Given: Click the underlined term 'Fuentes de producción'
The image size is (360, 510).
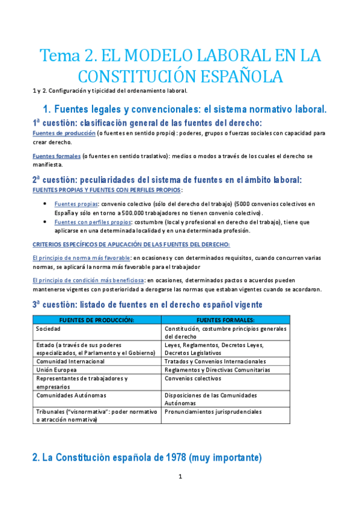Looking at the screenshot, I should click(64, 133).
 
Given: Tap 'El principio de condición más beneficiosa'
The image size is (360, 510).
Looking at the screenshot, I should click(88, 280).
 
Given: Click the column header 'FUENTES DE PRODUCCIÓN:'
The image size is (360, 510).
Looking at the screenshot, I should click(97, 320).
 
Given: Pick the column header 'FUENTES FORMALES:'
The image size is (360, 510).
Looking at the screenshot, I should click(225, 320).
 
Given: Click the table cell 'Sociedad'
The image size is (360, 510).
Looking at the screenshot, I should click(48, 329).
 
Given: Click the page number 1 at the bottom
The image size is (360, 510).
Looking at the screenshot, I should click(180, 476).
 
